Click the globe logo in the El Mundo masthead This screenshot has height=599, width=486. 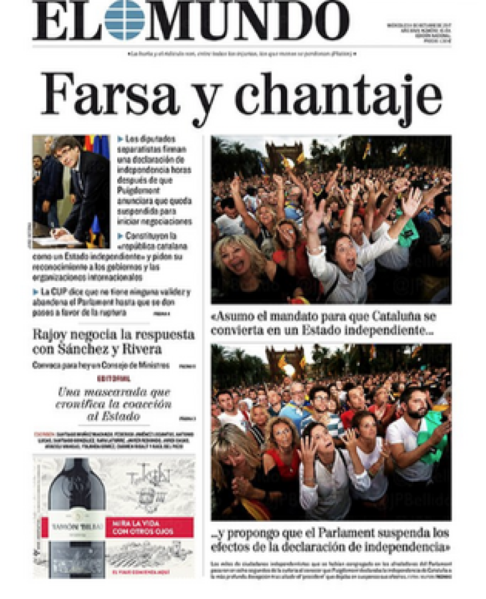point(125,19)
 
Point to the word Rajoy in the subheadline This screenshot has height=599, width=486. point(50,335)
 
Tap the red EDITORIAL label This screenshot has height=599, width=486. point(114,379)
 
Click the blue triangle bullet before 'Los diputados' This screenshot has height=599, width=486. point(120,139)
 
